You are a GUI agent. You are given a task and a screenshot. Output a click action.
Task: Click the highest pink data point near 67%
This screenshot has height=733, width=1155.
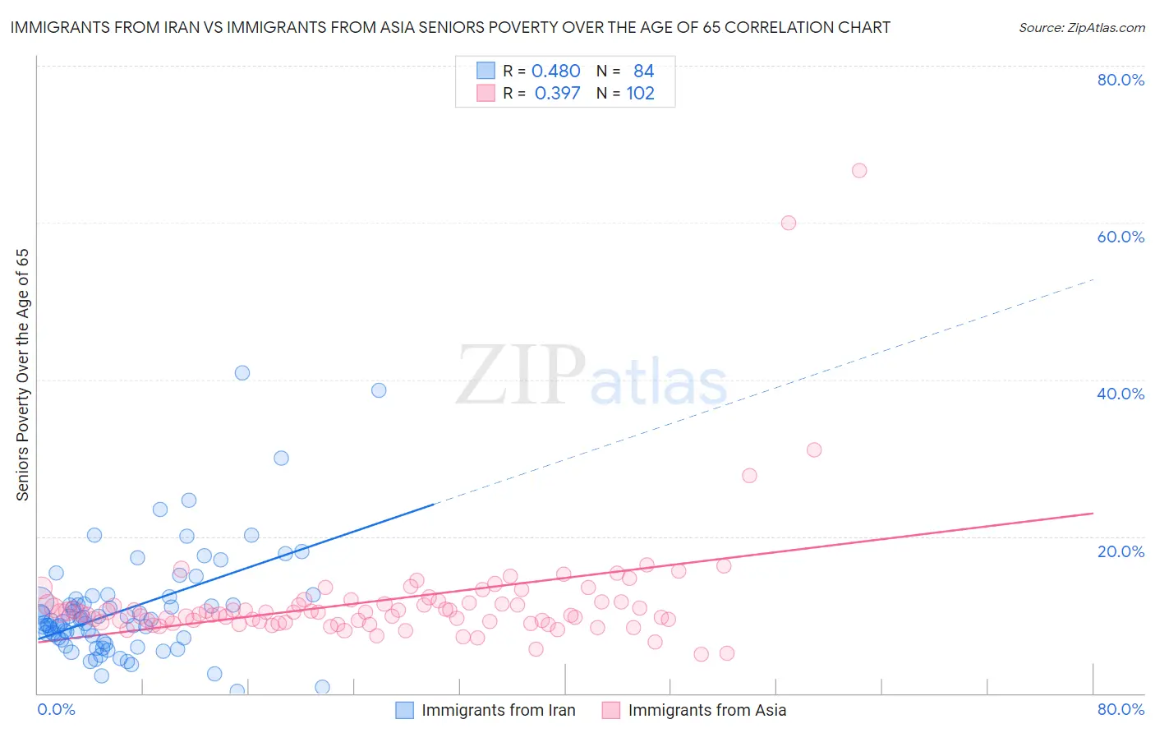click(x=859, y=170)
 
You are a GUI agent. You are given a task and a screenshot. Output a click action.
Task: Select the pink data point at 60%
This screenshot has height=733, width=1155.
click(x=789, y=223)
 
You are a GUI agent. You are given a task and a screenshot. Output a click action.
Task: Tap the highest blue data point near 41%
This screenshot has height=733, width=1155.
click(x=242, y=372)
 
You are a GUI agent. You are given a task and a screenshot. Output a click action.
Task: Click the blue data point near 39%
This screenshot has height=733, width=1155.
click(x=379, y=390)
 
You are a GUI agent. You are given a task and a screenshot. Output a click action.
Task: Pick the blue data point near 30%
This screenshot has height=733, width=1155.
click(x=281, y=458)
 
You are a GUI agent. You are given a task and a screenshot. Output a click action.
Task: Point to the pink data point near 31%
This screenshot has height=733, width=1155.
click(x=814, y=449)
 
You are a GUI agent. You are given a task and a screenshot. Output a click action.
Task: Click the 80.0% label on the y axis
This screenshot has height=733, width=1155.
click(x=1120, y=80)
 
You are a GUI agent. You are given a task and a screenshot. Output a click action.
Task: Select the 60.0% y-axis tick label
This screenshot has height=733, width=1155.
click(x=1120, y=237)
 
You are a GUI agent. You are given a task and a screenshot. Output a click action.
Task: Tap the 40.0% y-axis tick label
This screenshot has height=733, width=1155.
click(x=1120, y=394)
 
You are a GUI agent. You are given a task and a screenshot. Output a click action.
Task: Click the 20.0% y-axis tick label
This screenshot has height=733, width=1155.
click(x=1120, y=551)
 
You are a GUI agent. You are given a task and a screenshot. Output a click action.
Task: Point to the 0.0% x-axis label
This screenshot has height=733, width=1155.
click(x=57, y=709)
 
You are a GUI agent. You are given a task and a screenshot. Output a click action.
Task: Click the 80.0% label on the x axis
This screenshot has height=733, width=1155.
click(x=1120, y=709)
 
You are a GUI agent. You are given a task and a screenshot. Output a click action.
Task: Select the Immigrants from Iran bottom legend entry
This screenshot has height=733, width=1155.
click(x=498, y=710)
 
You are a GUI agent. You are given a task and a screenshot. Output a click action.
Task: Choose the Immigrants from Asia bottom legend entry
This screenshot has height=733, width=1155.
click(x=706, y=710)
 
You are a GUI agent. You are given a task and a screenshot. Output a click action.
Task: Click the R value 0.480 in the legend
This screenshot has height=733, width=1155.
click(x=556, y=71)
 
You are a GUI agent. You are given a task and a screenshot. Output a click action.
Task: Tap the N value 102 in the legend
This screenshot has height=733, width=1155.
click(x=641, y=94)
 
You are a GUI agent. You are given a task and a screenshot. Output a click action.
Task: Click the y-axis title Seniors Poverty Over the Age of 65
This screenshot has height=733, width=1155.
click(x=23, y=375)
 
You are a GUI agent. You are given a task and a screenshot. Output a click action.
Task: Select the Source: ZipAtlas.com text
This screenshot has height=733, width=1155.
click(x=1081, y=28)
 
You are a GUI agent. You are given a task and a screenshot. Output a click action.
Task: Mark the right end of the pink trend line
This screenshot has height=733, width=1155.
click(x=1093, y=513)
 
